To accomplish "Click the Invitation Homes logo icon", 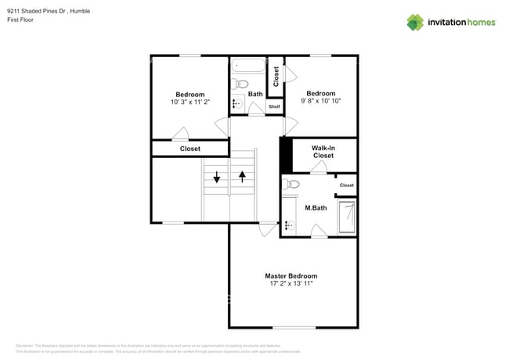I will (x=415, y=22).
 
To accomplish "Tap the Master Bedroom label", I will (x=291, y=276).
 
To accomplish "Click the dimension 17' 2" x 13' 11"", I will (x=291, y=284).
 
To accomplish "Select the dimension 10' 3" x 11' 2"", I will (x=190, y=103).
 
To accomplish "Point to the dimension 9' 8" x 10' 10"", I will (x=320, y=101).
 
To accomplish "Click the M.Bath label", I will (x=316, y=207).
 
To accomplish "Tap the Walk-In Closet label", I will (x=323, y=152).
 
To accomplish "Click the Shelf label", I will (x=274, y=107).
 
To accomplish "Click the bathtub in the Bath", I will (x=250, y=67).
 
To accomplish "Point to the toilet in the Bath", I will (x=240, y=84).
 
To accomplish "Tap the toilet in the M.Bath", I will (x=292, y=185).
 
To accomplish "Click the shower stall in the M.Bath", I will (x=346, y=217).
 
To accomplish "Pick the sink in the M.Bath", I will (x=288, y=225).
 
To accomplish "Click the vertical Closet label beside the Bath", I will (x=276, y=76).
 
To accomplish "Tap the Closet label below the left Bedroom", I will (x=190, y=149).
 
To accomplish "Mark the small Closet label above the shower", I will (x=346, y=185).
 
